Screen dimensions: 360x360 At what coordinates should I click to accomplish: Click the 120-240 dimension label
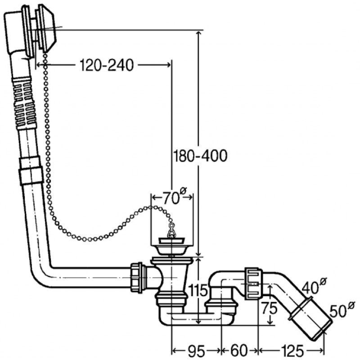tap(107, 66)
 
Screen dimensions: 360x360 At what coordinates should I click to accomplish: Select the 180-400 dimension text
tap(200, 156)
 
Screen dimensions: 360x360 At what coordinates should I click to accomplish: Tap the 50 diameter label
tap(342, 310)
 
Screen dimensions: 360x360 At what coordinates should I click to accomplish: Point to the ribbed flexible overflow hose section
tap(25, 103)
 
